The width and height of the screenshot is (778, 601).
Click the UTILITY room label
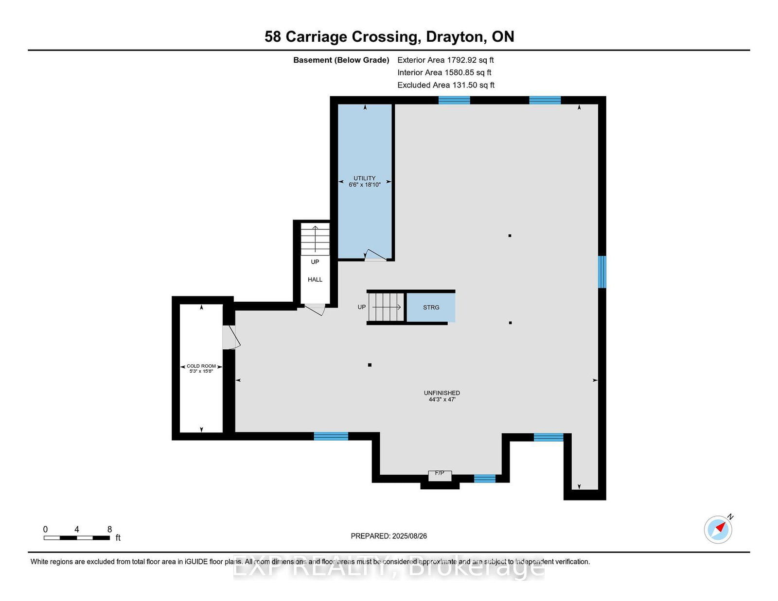coord(365,178)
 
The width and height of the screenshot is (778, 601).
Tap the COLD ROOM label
coord(201,366)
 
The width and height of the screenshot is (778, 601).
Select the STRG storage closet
coord(431,307)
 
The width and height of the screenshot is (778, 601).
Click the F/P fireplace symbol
coord(440,476)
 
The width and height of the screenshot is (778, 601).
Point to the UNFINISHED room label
coord(442,393)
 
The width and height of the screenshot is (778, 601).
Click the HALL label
coord(315,279)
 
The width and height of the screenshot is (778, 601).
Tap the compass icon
coord(718,529)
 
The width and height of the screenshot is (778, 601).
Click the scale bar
coord(77,538)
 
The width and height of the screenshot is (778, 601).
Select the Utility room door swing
coord(375,255)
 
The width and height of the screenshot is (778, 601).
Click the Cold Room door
coord(231,337)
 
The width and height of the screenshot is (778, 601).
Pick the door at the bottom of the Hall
coord(314,309)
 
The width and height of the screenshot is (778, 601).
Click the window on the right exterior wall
coord(602,272)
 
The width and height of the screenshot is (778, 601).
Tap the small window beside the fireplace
coord(485,478)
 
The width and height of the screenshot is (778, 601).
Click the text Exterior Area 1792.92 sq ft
coord(445,60)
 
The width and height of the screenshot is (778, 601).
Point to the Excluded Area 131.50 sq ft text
coord(446,85)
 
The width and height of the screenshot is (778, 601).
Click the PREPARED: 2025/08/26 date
coord(389,536)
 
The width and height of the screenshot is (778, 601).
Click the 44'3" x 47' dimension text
coord(442,399)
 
